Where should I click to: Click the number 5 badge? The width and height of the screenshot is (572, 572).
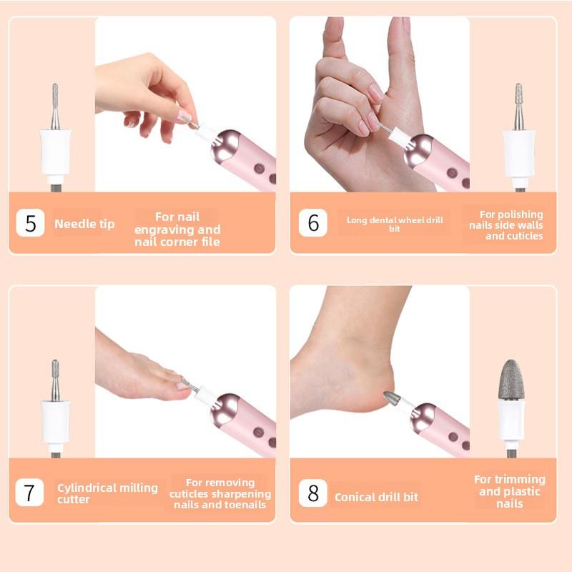coord(30,223)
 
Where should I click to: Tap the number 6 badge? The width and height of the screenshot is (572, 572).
coord(313,223)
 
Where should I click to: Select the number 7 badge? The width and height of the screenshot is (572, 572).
coord(29,493)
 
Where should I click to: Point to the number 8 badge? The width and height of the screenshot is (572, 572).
coord(313,493)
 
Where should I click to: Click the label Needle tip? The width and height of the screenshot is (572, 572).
coord(84,224)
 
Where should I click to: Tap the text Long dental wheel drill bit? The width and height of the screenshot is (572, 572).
coord(395,224)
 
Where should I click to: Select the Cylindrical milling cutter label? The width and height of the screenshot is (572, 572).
coord(107,493)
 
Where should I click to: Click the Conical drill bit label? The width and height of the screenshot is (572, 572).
coord(376,497)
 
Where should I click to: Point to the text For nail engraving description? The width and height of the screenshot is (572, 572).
coord(177,229)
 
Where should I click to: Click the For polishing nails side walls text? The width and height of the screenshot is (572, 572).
coord(511,225)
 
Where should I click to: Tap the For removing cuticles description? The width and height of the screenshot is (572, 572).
coord(220,493)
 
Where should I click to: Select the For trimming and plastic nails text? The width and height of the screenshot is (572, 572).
coord(509,491)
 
